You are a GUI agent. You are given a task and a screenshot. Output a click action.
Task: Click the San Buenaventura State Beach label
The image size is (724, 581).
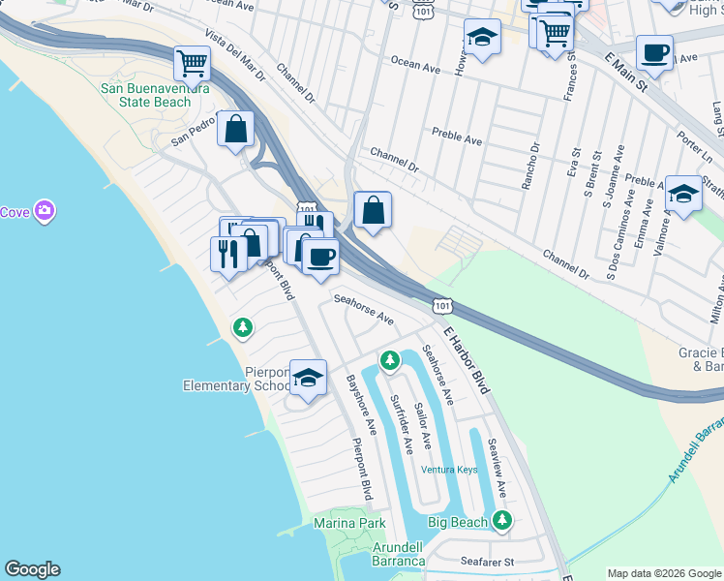(145, 95)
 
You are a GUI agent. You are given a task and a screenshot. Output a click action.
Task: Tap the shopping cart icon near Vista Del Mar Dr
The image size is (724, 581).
(192, 64)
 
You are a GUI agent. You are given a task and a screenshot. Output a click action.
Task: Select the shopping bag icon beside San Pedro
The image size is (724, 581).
(235, 129)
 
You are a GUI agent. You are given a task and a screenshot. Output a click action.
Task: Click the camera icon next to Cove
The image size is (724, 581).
(45, 210)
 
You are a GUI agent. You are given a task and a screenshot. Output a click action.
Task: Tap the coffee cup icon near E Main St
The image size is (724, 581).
(654, 52)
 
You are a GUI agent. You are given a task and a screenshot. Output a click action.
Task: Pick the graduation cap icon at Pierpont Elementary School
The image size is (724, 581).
(308, 378)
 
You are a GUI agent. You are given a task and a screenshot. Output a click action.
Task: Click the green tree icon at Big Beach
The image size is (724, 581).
(500, 522)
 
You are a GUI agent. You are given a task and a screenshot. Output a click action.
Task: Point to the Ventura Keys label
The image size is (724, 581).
(449, 470)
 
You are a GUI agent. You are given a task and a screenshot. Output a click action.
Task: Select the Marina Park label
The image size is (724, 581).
(349, 523)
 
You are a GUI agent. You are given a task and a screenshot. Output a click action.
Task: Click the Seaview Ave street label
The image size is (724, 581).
(498, 468)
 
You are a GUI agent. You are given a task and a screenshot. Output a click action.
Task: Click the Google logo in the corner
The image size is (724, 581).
(32, 569)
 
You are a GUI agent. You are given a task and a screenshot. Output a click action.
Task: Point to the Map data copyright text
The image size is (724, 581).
(664, 572)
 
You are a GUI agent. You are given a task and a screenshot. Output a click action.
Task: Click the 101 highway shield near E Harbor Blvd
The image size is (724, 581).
(441, 305)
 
